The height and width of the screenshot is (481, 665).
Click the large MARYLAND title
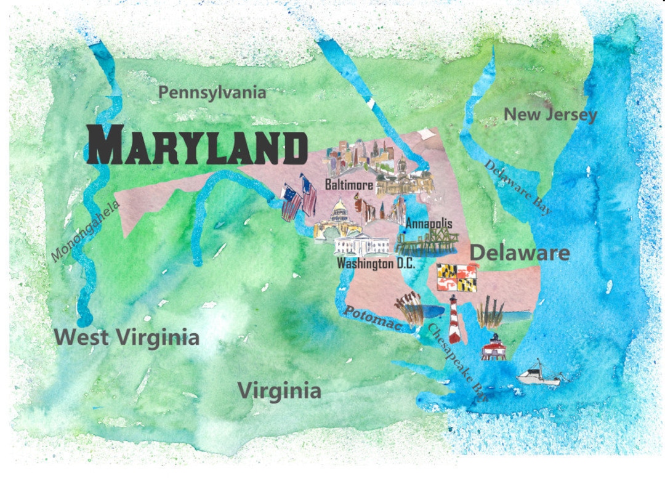(x=197, y=145)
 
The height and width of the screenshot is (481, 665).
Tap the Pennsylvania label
(x=212, y=92)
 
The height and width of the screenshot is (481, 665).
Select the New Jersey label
(x=550, y=115)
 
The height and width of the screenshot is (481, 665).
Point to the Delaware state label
(x=520, y=253)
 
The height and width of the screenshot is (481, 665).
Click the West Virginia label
(x=127, y=337)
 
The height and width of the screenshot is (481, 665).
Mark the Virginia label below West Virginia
(x=280, y=390)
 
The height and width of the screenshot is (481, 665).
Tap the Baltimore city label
(x=349, y=184)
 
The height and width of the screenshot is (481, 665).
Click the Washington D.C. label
(x=376, y=264)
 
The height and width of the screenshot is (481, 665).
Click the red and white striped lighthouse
(x=454, y=319)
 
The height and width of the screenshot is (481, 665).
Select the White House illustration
(x=361, y=245)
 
